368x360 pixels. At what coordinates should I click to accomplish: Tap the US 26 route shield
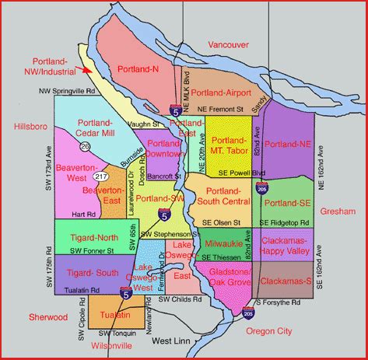point(83,145)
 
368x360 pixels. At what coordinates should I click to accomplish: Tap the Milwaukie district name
point(225,244)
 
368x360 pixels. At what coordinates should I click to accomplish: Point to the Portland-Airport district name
point(223,93)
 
